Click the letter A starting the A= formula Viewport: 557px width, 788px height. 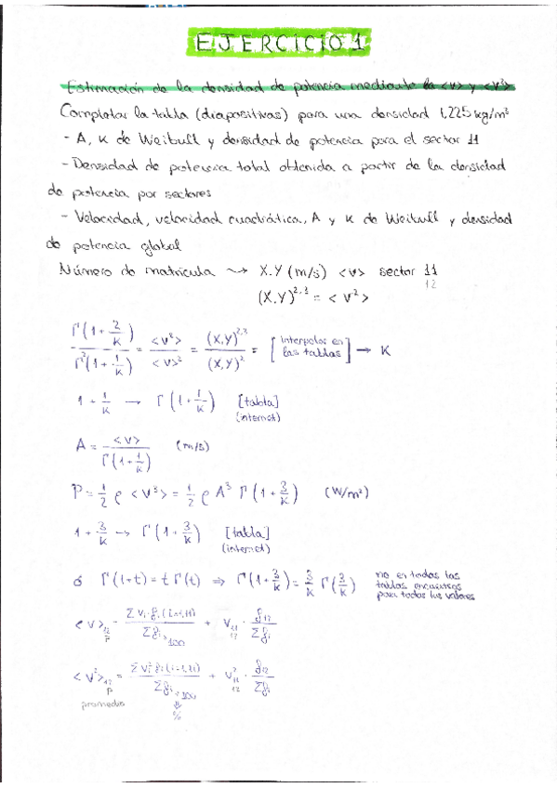pyautogui.click(x=82, y=444)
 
